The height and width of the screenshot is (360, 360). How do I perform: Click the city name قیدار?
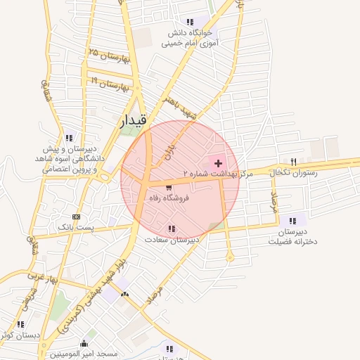[x=134, y=120]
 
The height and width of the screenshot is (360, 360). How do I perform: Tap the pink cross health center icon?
[x=218, y=162]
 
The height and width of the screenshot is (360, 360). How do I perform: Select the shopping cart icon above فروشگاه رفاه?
[x=169, y=188]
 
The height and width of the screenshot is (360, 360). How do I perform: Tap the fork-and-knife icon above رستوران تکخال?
[x=293, y=161]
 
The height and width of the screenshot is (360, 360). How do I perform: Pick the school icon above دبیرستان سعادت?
[x=172, y=229]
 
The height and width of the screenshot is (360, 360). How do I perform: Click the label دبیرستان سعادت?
[x=172, y=240]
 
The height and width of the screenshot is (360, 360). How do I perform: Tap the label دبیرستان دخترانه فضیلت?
[x=293, y=236]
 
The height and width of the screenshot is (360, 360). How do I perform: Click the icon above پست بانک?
[x=77, y=217]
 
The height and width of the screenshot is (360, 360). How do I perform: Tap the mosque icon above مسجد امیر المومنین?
[x=84, y=343]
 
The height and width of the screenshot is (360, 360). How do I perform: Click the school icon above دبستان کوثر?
[x=20, y=324]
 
